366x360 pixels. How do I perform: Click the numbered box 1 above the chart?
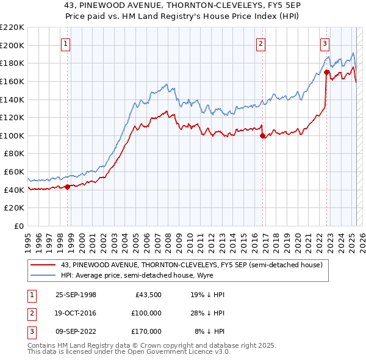pos(65,43)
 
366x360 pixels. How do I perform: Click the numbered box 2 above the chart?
pos(260,43)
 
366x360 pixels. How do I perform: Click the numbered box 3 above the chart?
pos(325,43)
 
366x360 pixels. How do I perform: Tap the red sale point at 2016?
pos(263,136)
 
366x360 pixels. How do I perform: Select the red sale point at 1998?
pos(68,187)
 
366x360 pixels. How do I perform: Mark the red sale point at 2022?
pos(326,73)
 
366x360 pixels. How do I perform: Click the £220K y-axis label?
pos(13,27)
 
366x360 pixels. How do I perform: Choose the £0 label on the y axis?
pos(20,226)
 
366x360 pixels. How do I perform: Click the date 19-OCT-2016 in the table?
pos(76,313)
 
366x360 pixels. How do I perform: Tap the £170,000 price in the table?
pos(146,331)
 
